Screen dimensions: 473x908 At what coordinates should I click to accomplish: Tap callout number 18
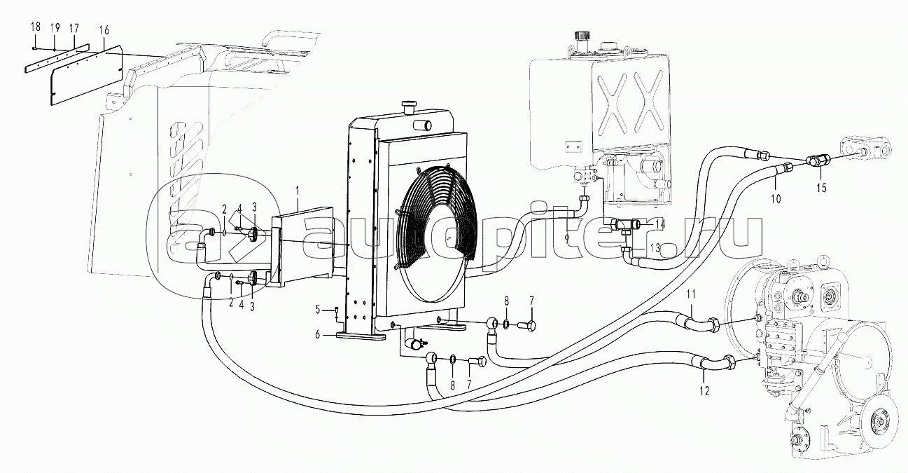34,27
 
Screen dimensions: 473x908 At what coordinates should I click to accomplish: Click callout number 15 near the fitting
822,188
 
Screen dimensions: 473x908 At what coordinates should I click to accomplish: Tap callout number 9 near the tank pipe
568,239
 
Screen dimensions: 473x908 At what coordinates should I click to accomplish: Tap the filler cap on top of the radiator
408,106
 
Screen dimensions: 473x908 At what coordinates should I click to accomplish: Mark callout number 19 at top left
55,27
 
